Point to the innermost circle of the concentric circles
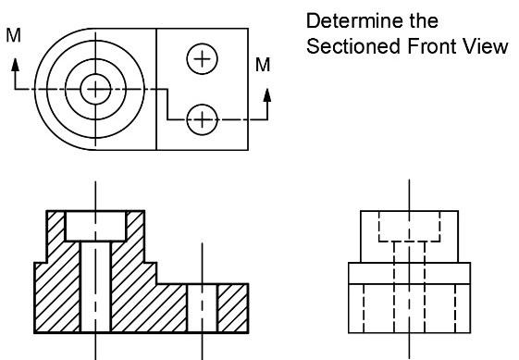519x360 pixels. tap(93, 89)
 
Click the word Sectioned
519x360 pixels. tap(341, 46)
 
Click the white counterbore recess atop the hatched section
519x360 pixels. tap(95, 225)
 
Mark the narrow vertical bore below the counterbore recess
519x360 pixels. tap(95, 287)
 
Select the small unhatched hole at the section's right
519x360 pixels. tap(202, 307)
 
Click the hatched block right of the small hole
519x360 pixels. tap(231, 307)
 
